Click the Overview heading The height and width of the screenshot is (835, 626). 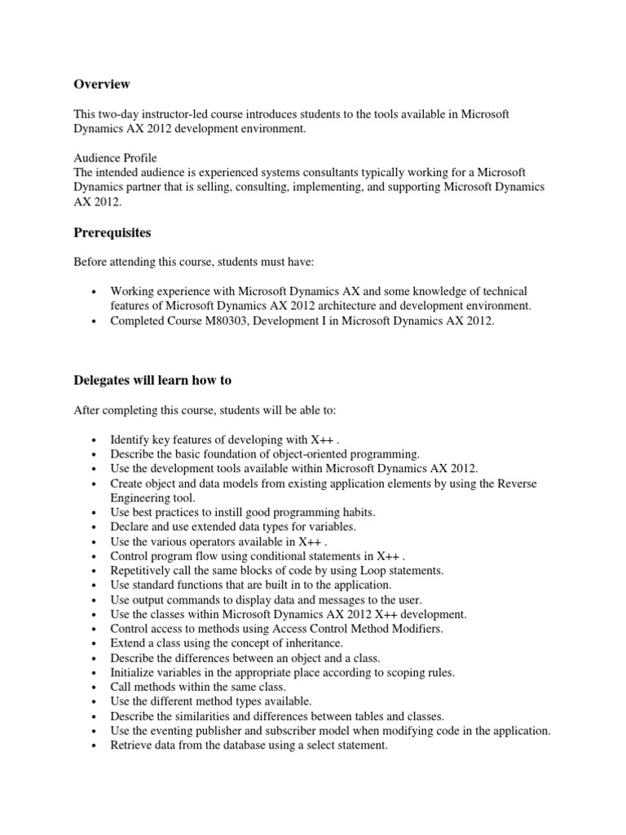click(x=102, y=84)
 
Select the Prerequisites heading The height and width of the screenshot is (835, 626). click(x=112, y=232)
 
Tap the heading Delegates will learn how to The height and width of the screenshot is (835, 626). click(x=149, y=380)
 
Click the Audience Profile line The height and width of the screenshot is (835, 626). click(x=115, y=157)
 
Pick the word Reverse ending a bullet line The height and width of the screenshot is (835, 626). click(x=517, y=484)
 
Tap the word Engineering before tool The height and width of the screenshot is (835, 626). click(x=142, y=497)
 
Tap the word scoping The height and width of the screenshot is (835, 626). click(x=394, y=673)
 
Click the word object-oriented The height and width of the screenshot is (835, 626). click(x=306, y=453)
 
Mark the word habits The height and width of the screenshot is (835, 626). click(x=356, y=512)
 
